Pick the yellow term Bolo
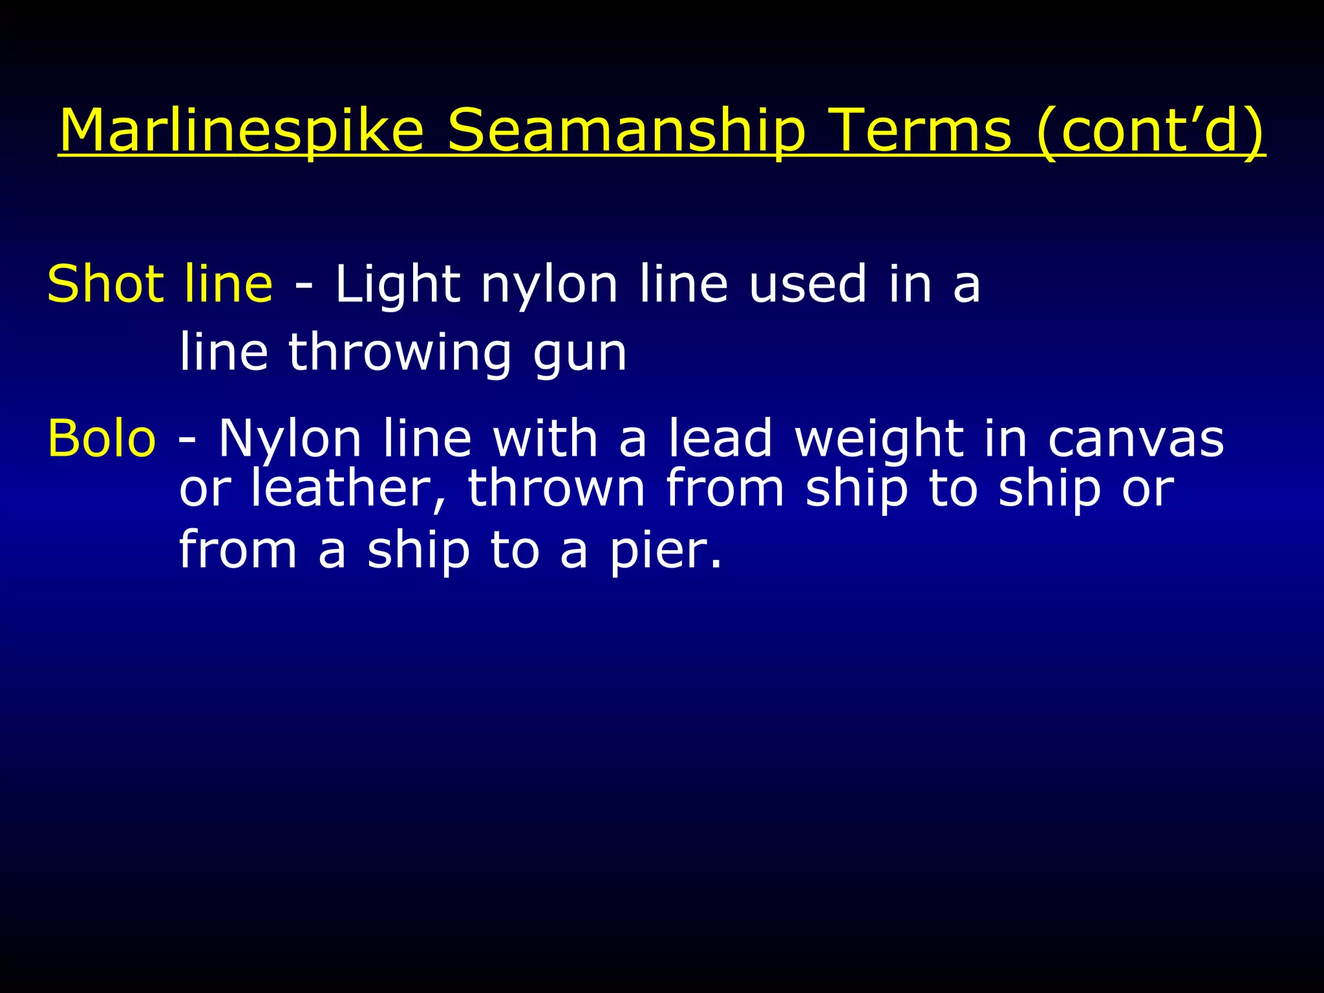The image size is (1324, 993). click(x=101, y=438)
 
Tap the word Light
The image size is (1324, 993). click(x=398, y=285)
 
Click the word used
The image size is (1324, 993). click(x=807, y=285)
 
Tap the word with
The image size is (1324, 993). click(x=546, y=438)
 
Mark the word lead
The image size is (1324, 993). click(x=720, y=438)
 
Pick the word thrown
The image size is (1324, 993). click(x=556, y=489)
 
